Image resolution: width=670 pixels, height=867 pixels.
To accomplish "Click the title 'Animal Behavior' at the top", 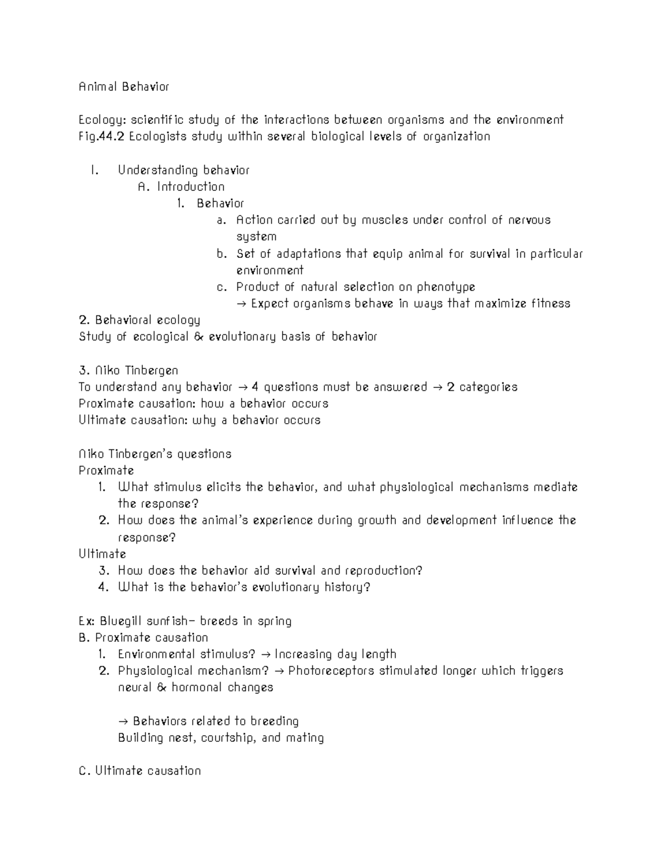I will coord(123,87).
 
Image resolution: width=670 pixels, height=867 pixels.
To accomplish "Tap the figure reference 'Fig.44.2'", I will coord(102,137).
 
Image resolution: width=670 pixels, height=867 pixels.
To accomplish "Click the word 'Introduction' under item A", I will coord(191,187).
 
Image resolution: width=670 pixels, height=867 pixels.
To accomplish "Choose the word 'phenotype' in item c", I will coord(446,287).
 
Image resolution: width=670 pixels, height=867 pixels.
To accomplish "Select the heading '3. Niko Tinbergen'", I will coord(128,370).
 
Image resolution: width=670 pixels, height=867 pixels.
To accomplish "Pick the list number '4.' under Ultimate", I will coord(103,587).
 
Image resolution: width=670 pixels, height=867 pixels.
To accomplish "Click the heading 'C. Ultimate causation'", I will coord(140,771).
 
